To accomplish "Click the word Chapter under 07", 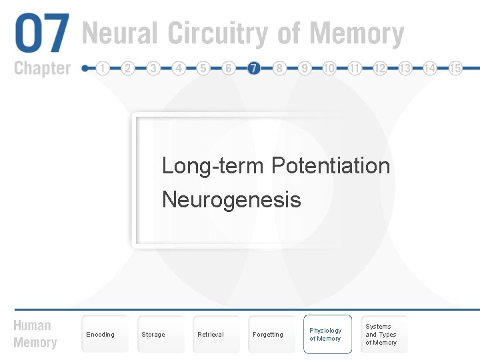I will pos(41,68).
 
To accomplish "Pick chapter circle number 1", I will pos(103,68).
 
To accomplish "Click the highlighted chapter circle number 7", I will pos(253,68).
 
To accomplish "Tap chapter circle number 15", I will pos(455,68).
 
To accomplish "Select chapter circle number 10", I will pos(329,68).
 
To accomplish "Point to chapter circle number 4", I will pos(179,68).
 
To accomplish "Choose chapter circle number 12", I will pos(380,68).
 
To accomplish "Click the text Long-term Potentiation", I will pos(275,165).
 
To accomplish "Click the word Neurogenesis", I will pos(231,199).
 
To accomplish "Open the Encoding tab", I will pos(101,335).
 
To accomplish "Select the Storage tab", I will pos(153,335).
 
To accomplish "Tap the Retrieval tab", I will pos(211,335).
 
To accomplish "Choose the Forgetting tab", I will pos(268,335).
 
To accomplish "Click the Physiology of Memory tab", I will pos(326,335).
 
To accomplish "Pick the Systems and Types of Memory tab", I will pos(381,335).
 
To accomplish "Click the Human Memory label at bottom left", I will pos(35,334).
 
